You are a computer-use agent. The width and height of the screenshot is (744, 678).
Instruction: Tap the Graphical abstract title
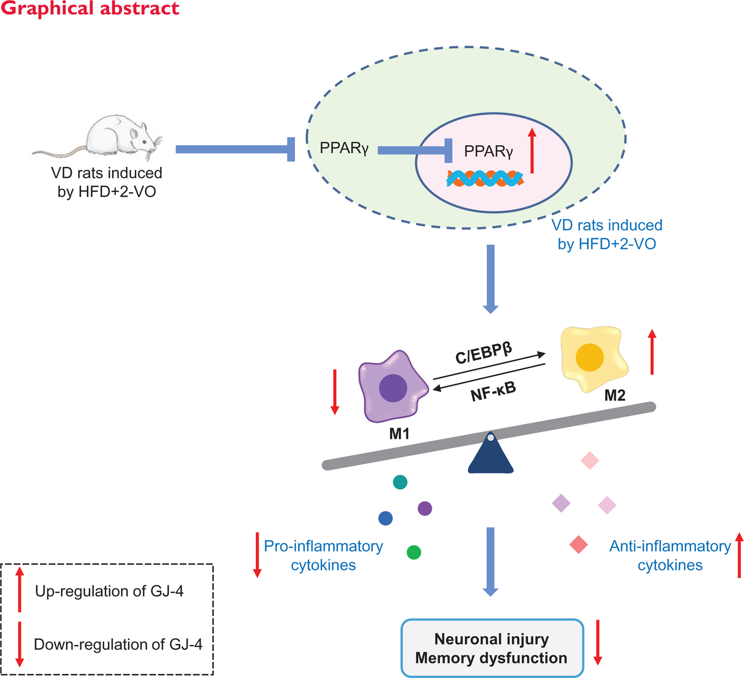(90, 8)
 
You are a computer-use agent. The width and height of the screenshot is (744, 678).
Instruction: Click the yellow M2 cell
(592, 358)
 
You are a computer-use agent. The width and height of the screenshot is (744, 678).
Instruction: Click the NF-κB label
(493, 391)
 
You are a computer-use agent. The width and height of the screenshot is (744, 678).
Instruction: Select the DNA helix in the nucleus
(485, 179)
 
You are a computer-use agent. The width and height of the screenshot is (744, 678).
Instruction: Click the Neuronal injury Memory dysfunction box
(492, 648)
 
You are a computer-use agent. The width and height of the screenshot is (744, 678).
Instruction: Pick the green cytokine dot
(414, 552)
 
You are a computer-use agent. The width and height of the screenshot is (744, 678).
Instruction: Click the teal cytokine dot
(400, 482)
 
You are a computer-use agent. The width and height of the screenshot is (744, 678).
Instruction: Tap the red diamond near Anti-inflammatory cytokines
(578, 545)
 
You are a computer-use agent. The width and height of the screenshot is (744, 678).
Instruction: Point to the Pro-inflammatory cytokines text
(323, 555)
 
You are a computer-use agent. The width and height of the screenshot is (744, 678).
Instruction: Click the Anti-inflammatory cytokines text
(670, 555)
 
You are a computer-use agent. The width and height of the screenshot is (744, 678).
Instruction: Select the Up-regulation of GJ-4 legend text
(109, 591)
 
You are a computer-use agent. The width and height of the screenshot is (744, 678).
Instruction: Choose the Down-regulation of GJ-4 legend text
(118, 644)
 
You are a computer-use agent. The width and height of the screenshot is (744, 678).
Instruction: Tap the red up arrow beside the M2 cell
(652, 352)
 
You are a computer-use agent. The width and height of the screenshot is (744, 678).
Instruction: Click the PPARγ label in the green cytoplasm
(344, 148)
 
